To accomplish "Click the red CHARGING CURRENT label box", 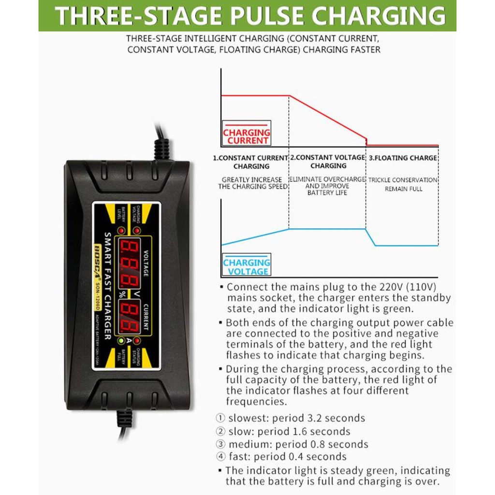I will [247, 136].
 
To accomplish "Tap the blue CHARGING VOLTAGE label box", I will [247, 267].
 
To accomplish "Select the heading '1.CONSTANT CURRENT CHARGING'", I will [251, 162].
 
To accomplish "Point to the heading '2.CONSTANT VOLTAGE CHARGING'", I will [328, 161].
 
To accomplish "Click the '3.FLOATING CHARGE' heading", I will [403, 158].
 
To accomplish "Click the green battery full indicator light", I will [119, 341].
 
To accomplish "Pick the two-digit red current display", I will [129, 317].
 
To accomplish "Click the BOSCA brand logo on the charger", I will [97, 261].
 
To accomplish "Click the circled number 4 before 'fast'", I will [220, 457].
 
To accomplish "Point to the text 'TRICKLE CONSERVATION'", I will [403, 180].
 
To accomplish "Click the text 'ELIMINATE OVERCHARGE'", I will [327, 179].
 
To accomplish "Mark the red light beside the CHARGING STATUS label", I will [137, 341].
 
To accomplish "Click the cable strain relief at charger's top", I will [161, 149].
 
